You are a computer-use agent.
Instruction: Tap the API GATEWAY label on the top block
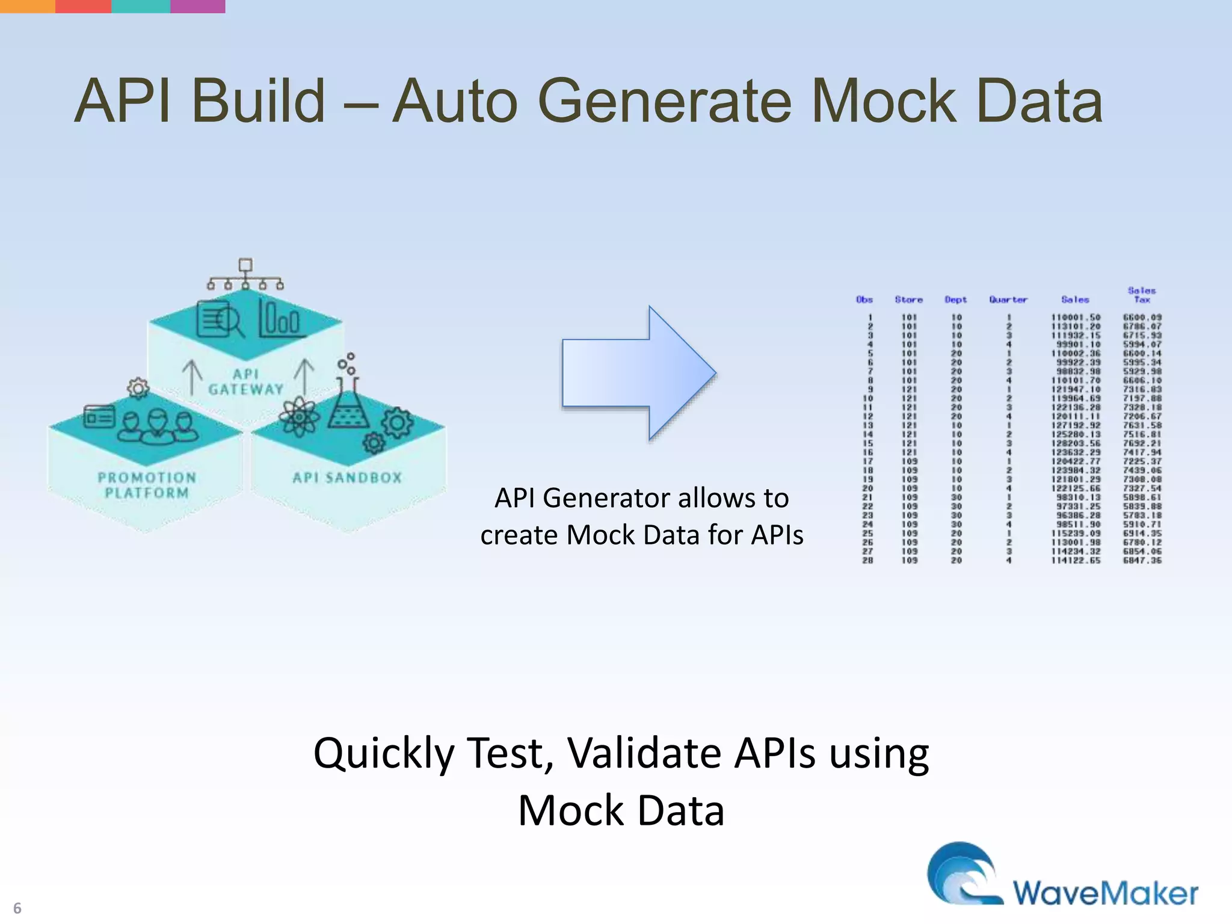click(246, 382)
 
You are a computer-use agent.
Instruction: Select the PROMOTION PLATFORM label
click(147, 485)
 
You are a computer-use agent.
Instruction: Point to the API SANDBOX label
click(347, 478)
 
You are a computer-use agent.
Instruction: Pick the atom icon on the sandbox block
click(299, 416)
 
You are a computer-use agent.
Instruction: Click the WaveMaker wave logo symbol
click(962, 873)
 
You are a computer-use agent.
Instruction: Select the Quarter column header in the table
click(1008, 300)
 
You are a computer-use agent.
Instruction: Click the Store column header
click(908, 300)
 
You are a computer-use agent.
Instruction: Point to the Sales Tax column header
click(1142, 295)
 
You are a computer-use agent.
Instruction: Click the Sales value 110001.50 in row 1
click(1076, 317)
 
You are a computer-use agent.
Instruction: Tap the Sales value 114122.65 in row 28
click(1076, 560)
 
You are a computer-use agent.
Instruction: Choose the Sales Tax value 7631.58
click(1142, 425)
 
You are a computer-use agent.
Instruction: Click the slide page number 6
click(17, 908)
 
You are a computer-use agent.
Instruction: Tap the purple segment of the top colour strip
click(198, 6)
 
